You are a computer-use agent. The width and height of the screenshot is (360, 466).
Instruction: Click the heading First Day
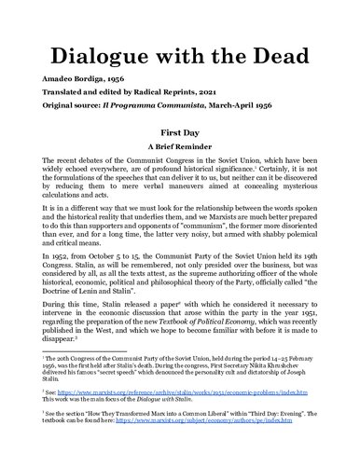[x=180, y=145]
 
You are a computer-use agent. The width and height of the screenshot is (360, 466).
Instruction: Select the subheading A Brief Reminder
[x=180, y=159]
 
